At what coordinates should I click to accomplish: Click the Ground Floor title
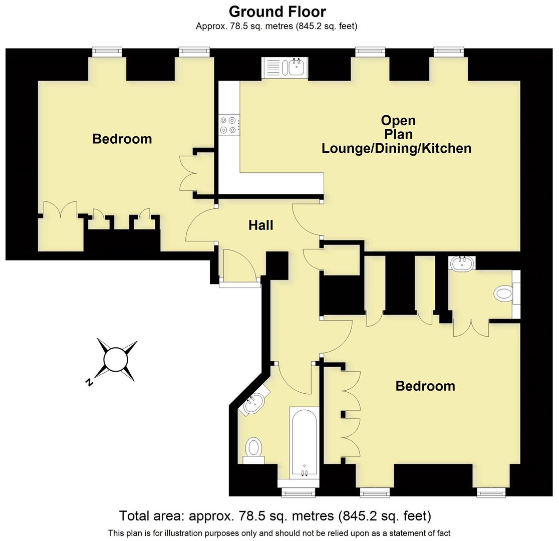coord(277,11)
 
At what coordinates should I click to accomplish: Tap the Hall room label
coord(260,225)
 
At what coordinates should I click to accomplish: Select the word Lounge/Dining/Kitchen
coord(396,148)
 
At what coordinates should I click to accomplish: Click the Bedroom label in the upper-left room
coord(122,139)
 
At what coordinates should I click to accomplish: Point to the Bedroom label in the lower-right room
coord(425,386)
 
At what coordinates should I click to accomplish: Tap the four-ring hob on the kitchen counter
coord(229,125)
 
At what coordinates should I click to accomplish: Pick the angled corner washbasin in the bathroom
coord(255,402)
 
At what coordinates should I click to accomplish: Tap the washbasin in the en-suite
coord(462,263)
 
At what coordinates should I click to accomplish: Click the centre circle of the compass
coord(116,359)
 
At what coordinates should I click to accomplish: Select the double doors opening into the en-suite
coord(470,329)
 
